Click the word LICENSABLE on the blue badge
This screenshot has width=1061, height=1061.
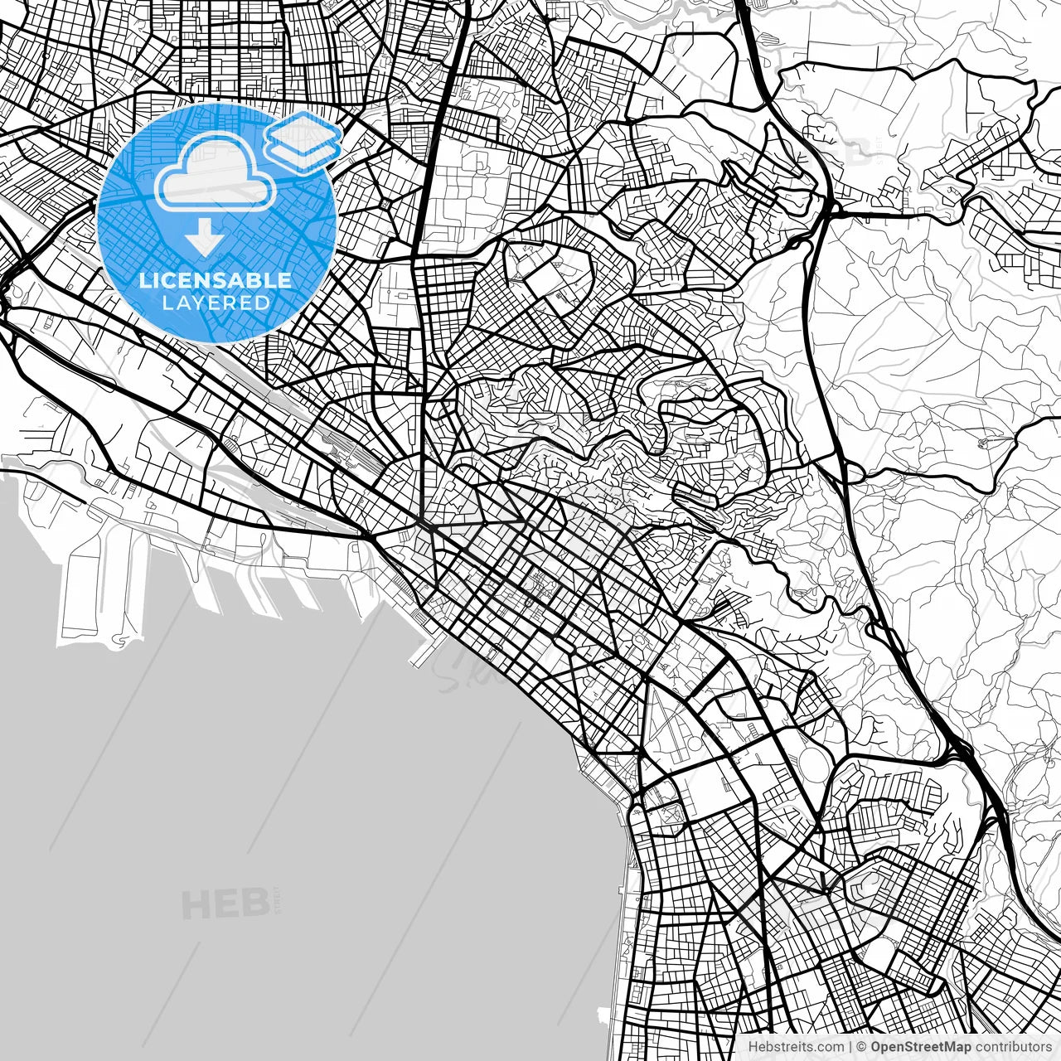(x=216, y=280)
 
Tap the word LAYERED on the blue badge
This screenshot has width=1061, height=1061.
(x=216, y=303)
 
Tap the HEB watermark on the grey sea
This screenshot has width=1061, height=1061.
(x=224, y=904)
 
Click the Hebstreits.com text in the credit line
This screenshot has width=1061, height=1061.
(x=797, y=1047)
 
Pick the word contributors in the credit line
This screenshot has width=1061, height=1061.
(x=1017, y=1047)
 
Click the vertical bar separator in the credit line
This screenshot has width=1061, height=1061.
(x=850, y=1047)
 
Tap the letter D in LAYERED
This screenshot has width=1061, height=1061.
(x=263, y=303)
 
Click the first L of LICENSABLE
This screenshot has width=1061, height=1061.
(x=145, y=280)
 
